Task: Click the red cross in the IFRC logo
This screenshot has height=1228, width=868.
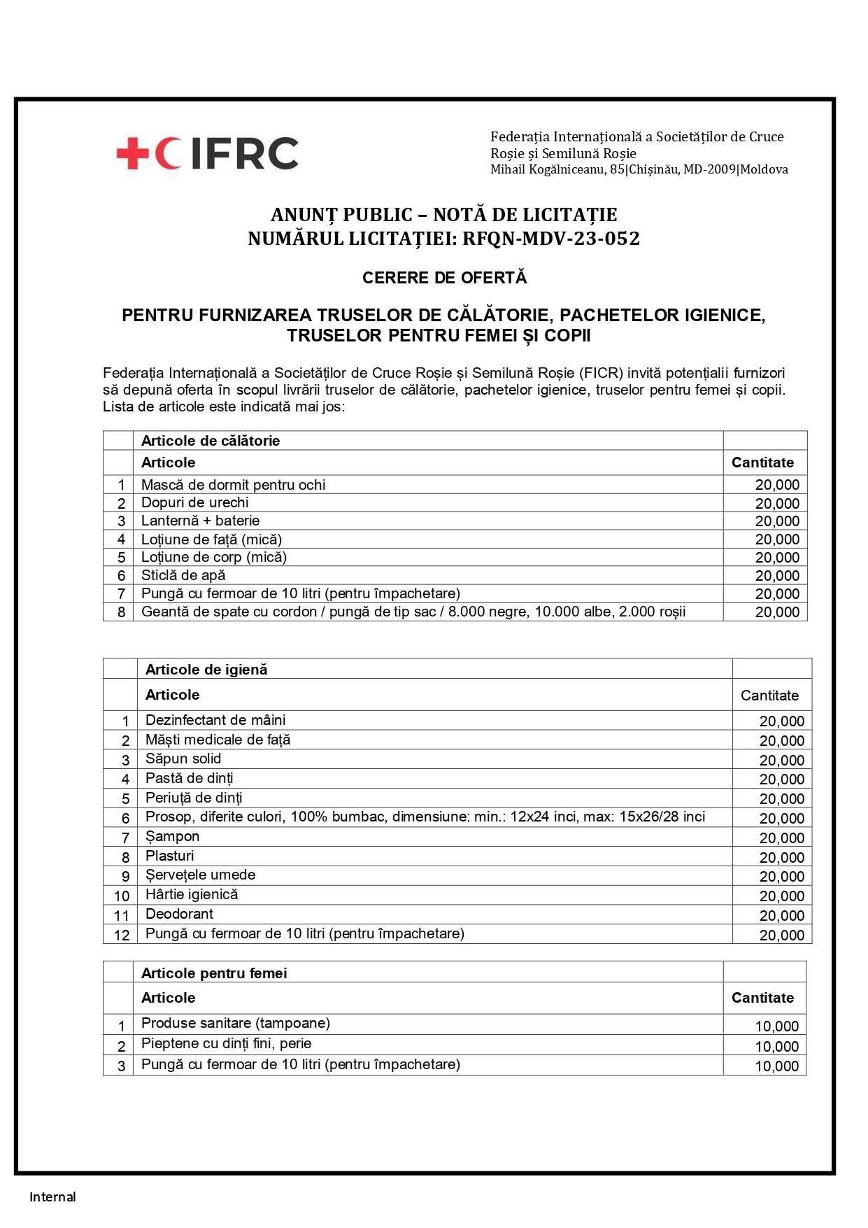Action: (132, 153)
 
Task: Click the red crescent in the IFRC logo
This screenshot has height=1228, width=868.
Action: (166, 153)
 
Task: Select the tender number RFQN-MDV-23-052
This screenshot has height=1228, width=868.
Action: (551, 239)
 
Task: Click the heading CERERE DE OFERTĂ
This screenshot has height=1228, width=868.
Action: (444, 278)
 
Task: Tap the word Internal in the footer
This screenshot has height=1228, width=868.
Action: (52, 1197)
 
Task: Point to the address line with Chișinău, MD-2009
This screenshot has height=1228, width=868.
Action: (639, 169)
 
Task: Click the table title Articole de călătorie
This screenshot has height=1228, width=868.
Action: (211, 441)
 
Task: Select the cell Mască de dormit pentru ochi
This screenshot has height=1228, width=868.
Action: (233, 485)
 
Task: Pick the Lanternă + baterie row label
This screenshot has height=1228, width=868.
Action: (200, 521)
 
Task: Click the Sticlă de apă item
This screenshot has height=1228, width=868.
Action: (183, 575)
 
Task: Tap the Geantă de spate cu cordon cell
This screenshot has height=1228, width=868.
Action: (413, 612)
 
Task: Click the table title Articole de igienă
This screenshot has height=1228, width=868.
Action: (206, 670)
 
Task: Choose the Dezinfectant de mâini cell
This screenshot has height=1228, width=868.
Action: (215, 720)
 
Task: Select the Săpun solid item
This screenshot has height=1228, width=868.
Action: (183, 758)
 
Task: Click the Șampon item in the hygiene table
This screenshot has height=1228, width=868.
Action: (172, 836)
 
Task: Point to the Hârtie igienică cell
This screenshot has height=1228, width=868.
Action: (192, 894)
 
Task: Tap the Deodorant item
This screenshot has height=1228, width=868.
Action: (179, 914)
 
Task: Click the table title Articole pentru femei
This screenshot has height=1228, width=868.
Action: (214, 973)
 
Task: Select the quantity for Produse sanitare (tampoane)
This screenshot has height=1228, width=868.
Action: (776, 1026)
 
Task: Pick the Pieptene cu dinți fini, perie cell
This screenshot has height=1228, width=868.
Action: (226, 1043)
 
